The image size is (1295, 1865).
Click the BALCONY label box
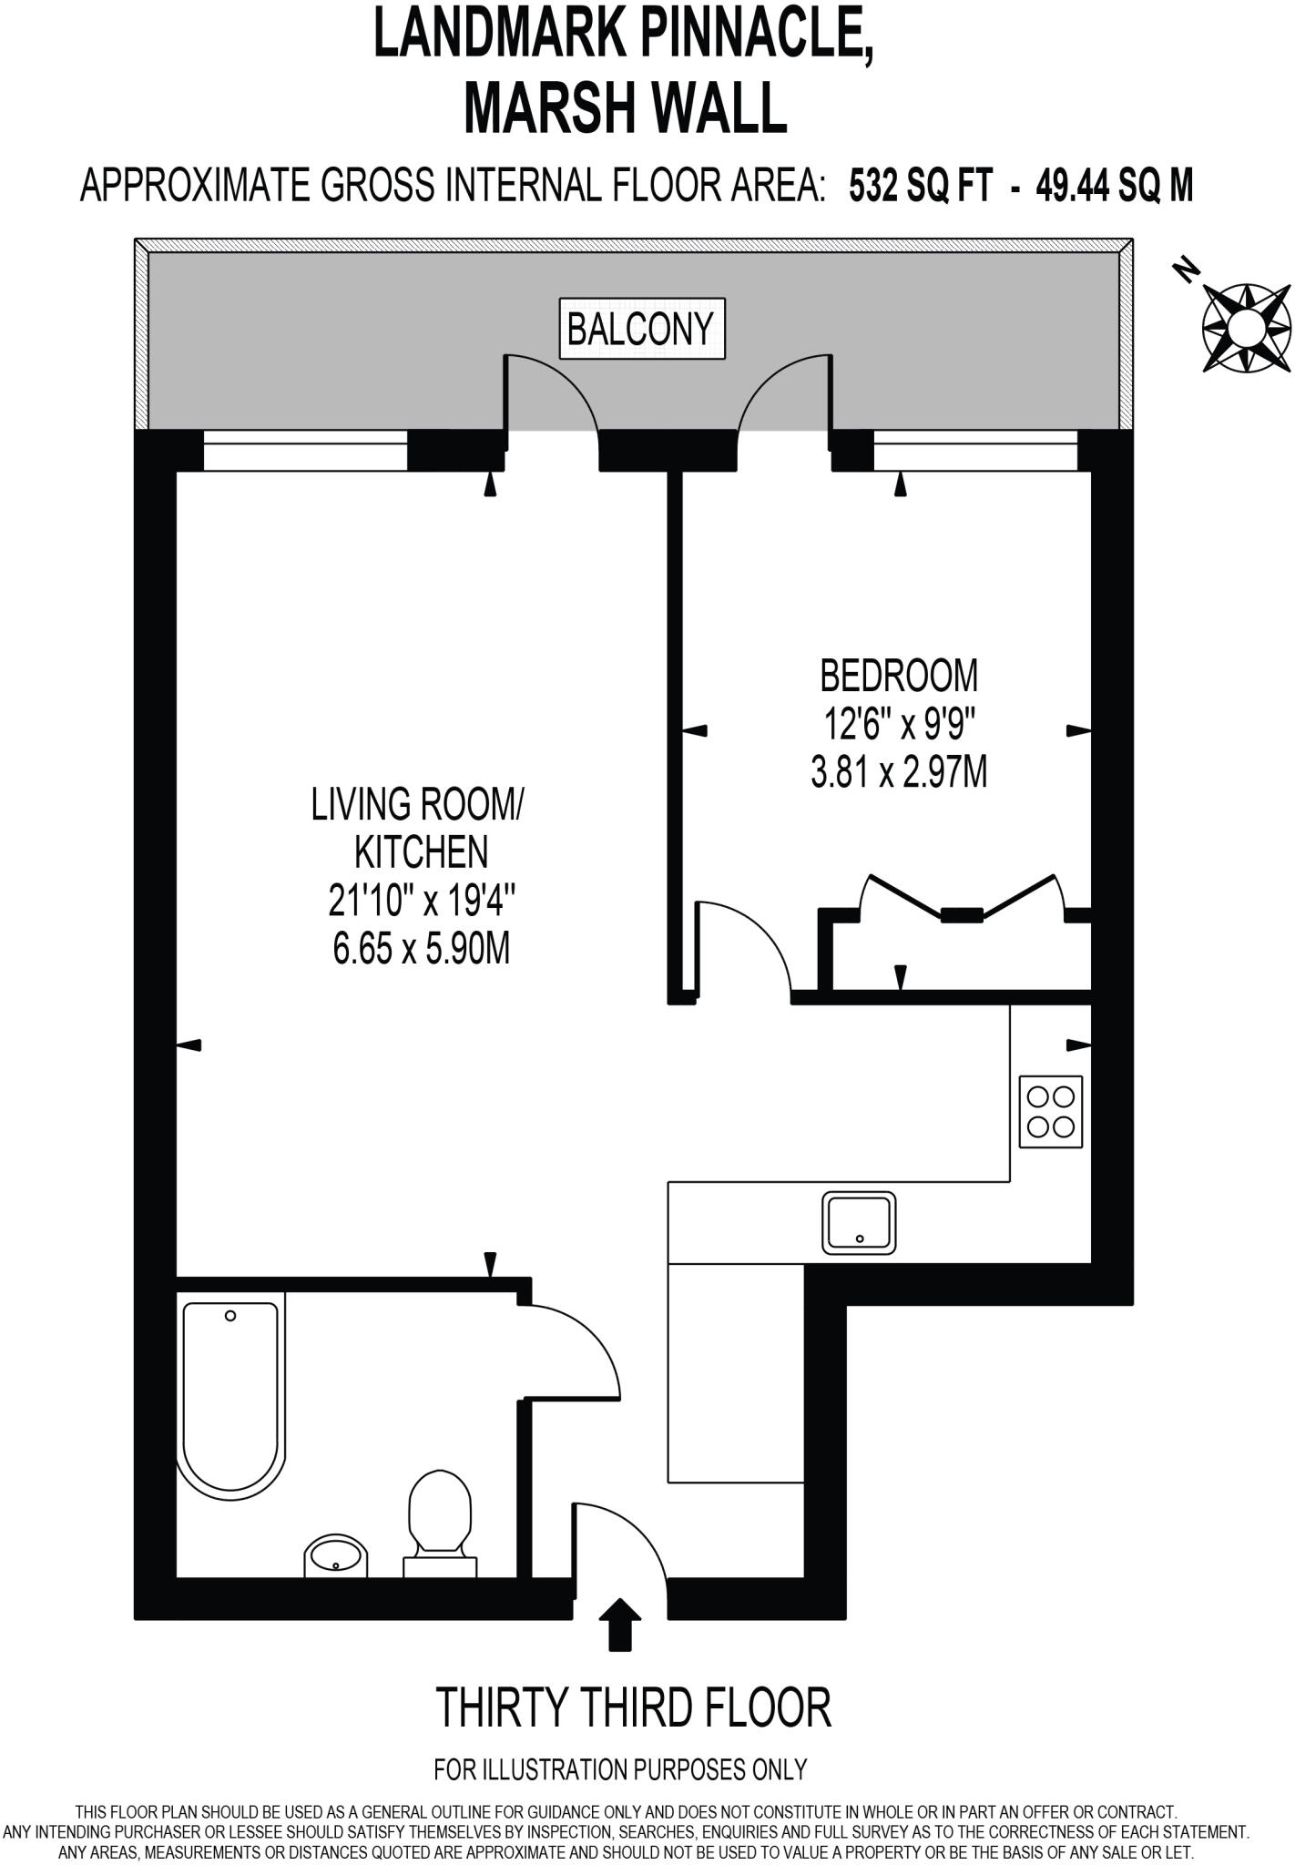point(642,329)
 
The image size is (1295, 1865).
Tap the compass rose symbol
point(1246,327)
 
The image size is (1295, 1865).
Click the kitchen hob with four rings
point(1050,1111)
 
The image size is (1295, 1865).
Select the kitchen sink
point(859,1223)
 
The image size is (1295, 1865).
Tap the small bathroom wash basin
point(336,1556)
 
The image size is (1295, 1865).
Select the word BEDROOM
point(898,676)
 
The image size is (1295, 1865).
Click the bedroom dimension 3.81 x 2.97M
point(898,774)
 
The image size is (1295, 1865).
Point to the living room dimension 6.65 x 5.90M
point(421,950)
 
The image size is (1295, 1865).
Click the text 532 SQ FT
point(919,187)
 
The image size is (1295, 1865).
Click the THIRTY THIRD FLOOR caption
point(634,1707)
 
